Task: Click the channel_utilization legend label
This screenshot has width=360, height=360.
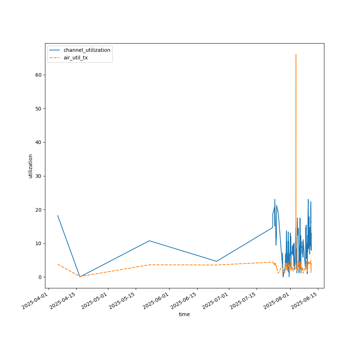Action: coord(87,50)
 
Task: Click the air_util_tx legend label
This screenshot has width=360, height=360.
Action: coord(76,58)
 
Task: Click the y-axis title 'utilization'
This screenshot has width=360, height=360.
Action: coord(30,166)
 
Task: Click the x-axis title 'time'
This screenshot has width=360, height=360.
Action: coord(184,314)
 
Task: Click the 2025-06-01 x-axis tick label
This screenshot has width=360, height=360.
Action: coord(156,302)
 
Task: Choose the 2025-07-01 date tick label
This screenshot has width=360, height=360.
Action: coord(216,302)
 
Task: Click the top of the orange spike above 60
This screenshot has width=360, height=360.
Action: coord(296,54)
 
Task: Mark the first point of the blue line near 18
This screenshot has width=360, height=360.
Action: coord(58,216)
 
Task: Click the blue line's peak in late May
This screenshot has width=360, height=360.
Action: coord(149,240)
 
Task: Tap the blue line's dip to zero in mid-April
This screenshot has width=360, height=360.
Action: coord(80,277)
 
